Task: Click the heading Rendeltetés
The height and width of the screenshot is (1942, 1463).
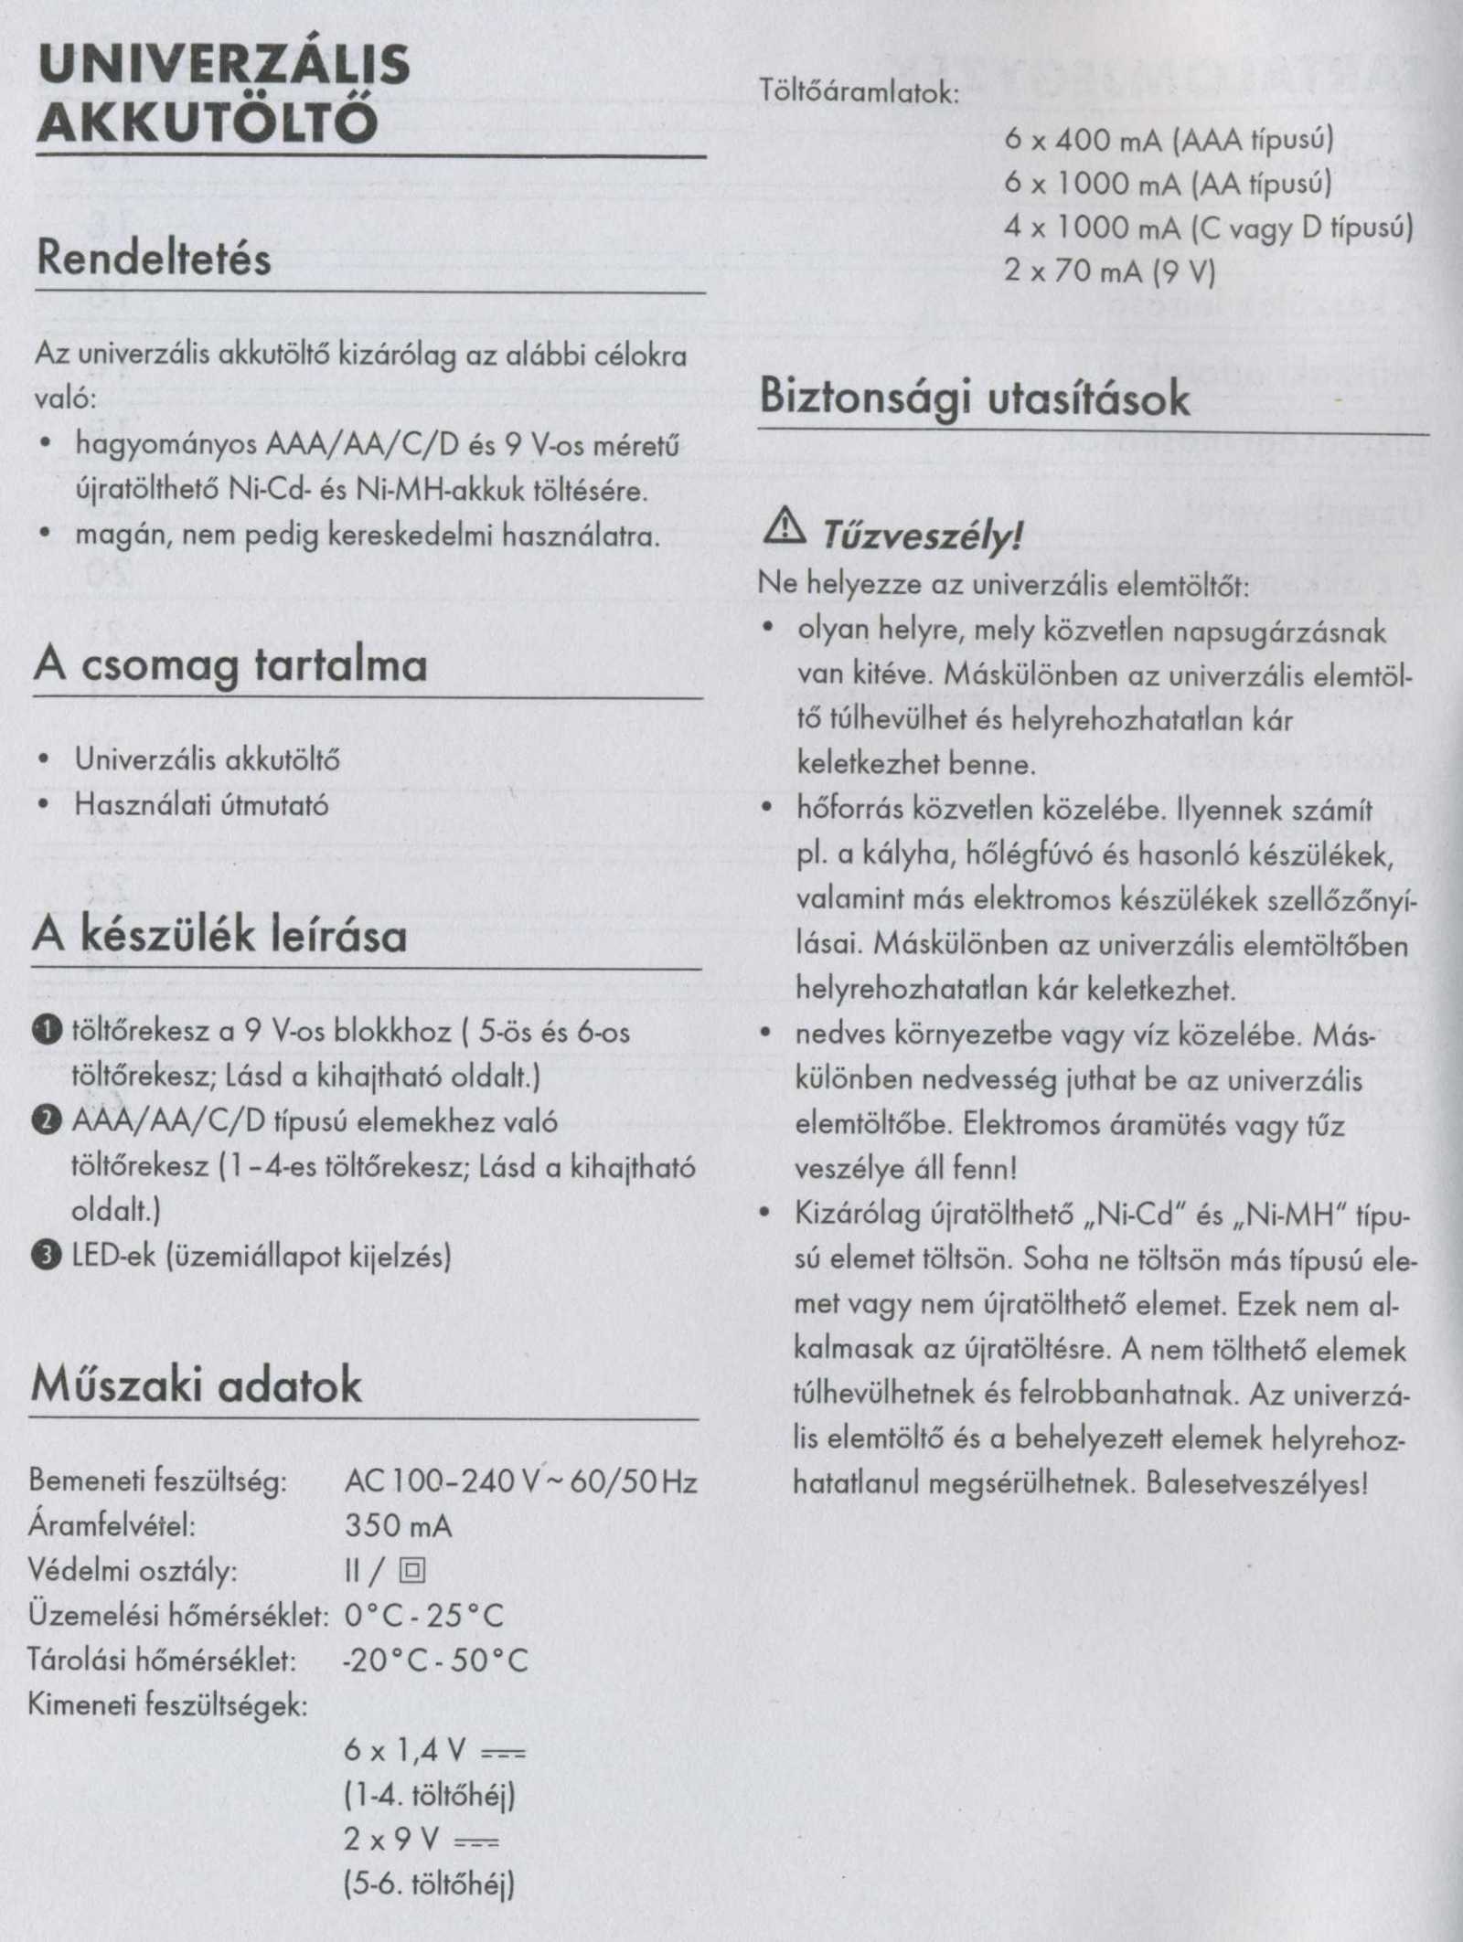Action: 154,259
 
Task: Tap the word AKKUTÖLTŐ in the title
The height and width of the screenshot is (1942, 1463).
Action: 207,122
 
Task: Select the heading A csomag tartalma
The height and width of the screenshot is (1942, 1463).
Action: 230,664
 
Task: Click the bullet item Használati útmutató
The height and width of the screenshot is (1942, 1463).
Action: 201,805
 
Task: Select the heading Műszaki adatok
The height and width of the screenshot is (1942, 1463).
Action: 197,1385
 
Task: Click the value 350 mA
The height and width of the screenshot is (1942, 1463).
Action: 399,1525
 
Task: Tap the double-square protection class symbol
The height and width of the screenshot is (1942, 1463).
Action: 412,1571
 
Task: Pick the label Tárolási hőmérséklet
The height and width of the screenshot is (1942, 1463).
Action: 163,1660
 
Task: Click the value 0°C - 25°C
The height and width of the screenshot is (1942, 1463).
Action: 424,1616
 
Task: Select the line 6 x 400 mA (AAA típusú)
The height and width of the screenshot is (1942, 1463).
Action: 1169,140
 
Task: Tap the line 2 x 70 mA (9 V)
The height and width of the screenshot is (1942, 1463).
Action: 1109,271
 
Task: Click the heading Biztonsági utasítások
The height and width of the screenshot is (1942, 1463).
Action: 975,398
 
